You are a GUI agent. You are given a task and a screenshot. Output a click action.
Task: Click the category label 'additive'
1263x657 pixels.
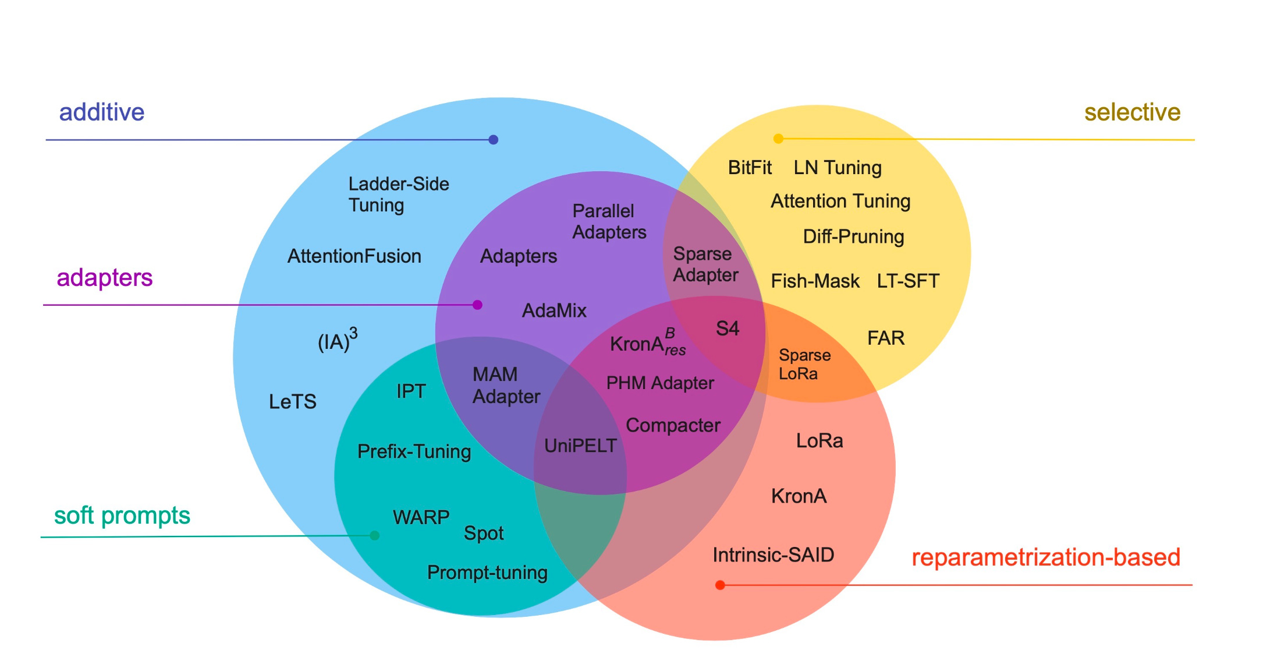[102, 112]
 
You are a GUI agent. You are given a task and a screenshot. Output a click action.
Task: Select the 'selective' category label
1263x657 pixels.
[1132, 112]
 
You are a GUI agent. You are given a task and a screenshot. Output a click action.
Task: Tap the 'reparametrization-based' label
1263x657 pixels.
[1045, 557]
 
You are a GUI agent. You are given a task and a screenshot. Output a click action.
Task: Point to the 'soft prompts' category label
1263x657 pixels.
[122, 515]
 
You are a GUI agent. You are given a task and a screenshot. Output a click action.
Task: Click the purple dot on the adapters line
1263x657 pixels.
[477, 305]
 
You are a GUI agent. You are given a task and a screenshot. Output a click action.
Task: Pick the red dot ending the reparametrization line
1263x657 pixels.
[720, 585]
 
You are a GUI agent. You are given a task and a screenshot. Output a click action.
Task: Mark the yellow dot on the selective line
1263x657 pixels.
[778, 139]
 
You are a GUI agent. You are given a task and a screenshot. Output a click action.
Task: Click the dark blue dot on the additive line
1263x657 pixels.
[494, 140]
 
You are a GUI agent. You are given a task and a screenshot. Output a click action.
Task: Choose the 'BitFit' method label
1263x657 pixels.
[750, 168]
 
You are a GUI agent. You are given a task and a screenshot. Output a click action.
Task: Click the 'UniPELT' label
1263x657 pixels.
[580, 446]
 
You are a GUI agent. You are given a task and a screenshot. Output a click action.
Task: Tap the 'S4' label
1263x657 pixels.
[727, 328]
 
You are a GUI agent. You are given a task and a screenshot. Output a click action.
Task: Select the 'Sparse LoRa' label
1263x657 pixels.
[804, 364]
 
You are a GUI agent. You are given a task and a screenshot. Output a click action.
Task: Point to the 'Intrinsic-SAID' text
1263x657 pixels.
[773, 554]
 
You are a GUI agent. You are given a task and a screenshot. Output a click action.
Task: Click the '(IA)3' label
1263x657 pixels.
[337, 340]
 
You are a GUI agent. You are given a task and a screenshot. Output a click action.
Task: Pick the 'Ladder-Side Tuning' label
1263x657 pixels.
[399, 195]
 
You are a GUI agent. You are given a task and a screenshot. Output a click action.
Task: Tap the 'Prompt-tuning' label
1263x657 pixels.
[487, 573]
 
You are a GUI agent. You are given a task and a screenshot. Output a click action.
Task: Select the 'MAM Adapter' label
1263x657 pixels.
[506, 385]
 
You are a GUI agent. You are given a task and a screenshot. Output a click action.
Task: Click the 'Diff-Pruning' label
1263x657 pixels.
[853, 236]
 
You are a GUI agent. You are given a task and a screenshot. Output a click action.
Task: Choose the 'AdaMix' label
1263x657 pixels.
[554, 310]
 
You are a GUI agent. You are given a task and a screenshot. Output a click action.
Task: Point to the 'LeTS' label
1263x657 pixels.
[292, 401]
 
